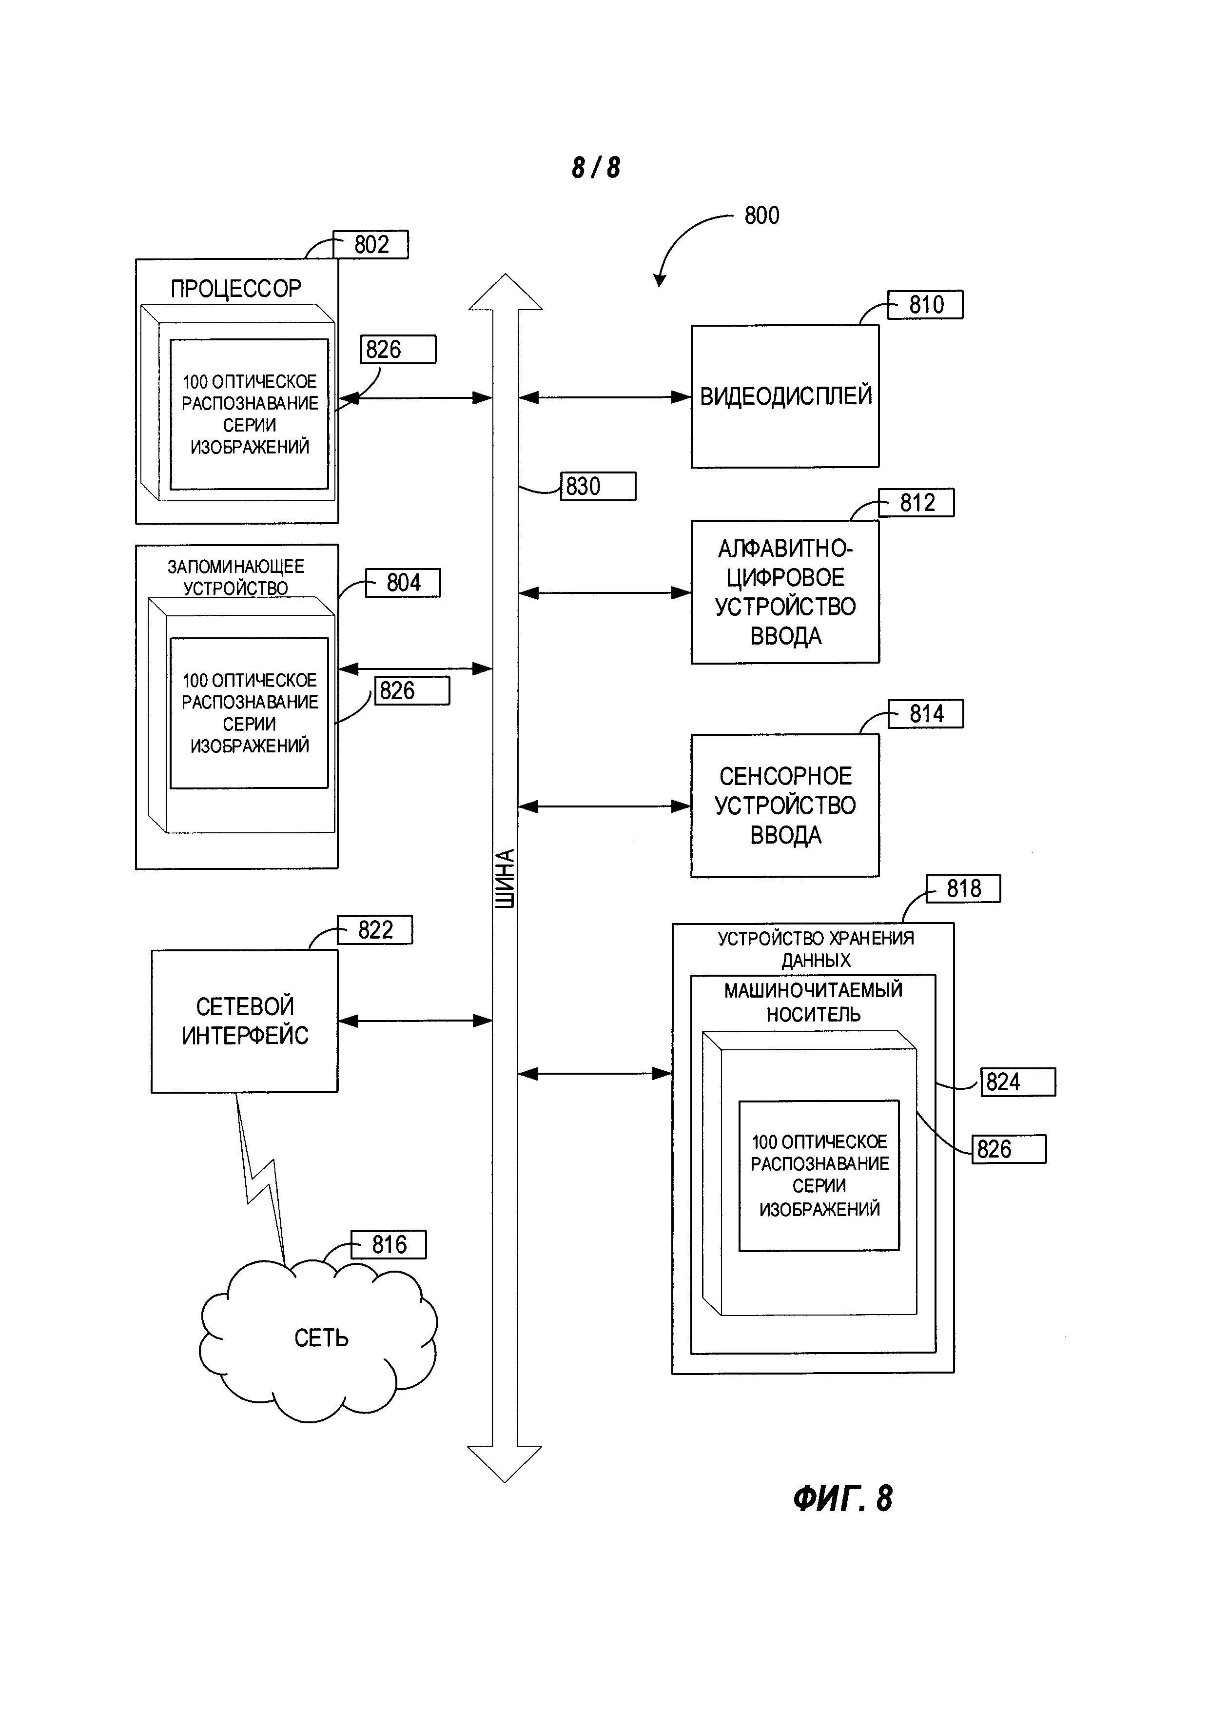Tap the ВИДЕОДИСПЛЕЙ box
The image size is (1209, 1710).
pyautogui.click(x=785, y=396)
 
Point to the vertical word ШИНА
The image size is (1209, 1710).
pyautogui.click(x=505, y=879)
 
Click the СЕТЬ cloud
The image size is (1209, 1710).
pyautogui.click(x=320, y=1337)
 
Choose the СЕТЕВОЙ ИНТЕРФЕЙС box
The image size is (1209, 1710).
pyautogui.click(x=244, y=1021)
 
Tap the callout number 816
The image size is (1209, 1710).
pyautogui.click(x=389, y=1244)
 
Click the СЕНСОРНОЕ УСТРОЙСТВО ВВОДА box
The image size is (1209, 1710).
pyautogui.click(x=785, y=806)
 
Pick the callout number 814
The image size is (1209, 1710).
pyautogui.click(x=926, y=713)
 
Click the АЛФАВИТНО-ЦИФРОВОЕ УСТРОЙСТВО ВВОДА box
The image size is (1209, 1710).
pyautogui.click(x=785, y=592)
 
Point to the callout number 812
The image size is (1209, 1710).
pyautogui.click(x=916, y=503)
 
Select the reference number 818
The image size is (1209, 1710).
pyautogui.click(x=963, y=888)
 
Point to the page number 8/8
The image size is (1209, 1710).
pyautogui.click(x=596, y=168)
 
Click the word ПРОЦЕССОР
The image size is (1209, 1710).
pyautogui.click(x=236, y=288)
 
